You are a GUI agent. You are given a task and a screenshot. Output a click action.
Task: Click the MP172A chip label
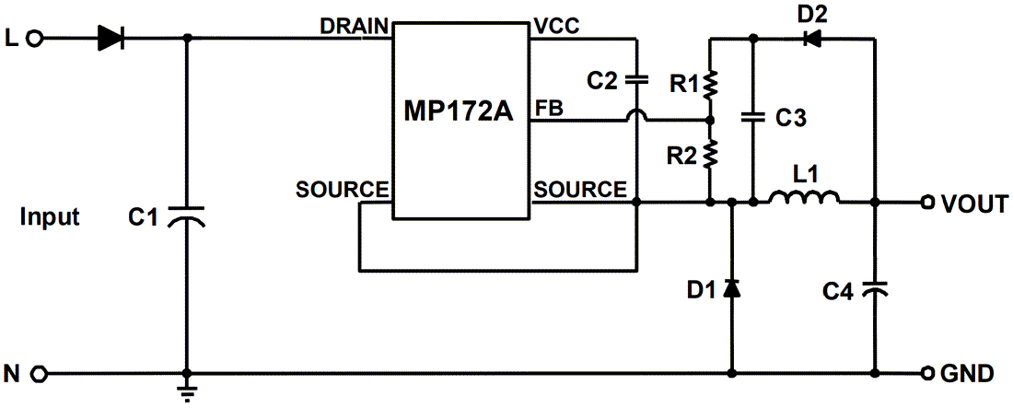[x=459, y=113]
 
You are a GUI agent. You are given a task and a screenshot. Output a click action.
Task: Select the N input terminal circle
[x=37, y=374]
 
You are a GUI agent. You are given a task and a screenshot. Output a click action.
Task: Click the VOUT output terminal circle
[x=928, y=203]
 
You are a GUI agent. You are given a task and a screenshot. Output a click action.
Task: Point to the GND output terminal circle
[x=928, y=374]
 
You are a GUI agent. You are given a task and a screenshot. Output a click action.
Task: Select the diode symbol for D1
[x=732, y=288]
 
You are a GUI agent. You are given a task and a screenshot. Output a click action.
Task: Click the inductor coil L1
[x=804, y=198]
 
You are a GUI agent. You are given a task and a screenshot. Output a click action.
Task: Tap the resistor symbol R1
[x=710, y=85]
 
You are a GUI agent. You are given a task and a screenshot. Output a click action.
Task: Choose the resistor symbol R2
[x=710, y=156]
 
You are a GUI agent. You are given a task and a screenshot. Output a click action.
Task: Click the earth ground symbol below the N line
[x=188, y=391]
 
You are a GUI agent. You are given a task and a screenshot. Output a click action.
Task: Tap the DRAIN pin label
[x=354, y=26]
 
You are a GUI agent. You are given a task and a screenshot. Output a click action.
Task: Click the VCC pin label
[x=556, y=26]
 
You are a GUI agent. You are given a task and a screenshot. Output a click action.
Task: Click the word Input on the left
[x=50, y=217]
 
